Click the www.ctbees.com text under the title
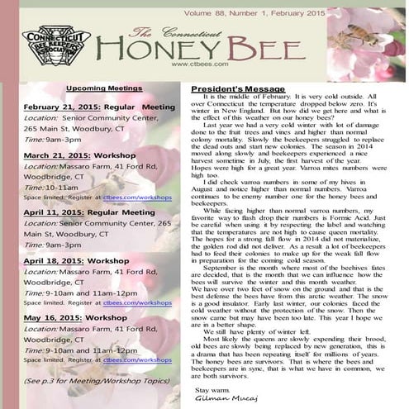194,64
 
